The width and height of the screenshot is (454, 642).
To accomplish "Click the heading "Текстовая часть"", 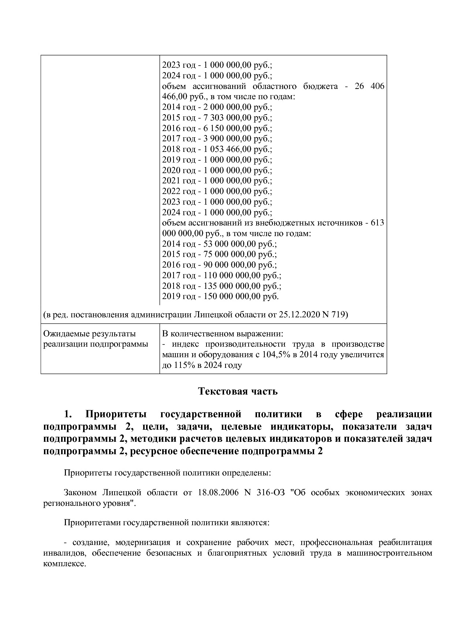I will click(x=238, y=391).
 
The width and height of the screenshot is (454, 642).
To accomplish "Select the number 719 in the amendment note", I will click(x=338, y=314).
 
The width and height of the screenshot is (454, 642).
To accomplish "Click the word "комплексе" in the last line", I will click(x=64, y=564).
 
